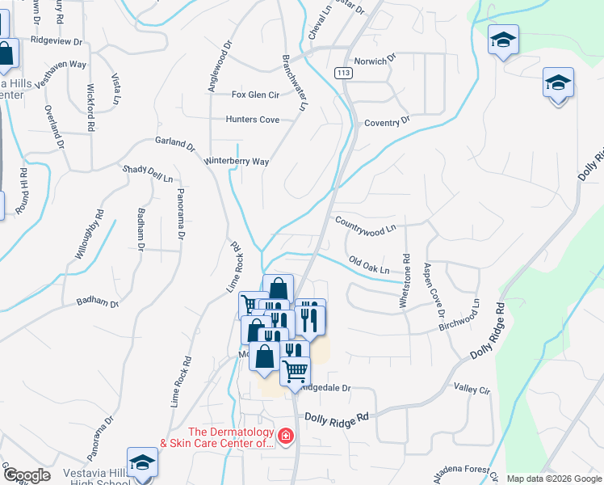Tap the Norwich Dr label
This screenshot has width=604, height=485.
coord(380,59)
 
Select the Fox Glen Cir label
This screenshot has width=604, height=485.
coord(255,95)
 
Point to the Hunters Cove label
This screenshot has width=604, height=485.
coord(253,120)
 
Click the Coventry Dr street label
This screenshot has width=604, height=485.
coord(388,122)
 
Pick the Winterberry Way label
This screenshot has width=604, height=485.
coord(237,162)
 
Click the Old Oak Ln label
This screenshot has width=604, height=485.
coord(369,264)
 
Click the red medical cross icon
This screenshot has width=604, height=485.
coord(284,437)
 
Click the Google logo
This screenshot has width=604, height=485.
coord(26,475)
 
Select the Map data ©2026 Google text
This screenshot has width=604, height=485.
coord(553,479)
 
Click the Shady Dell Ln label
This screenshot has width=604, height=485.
coord(148,174)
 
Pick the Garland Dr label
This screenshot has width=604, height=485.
coord(175,144)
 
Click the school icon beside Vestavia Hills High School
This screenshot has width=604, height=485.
coord(142,462)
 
